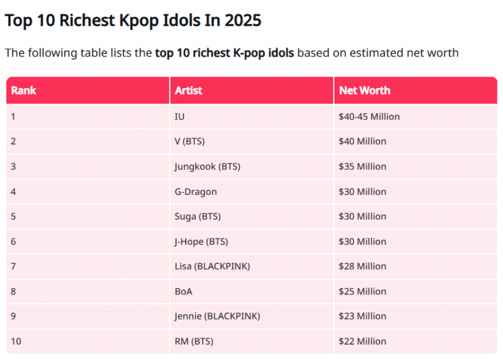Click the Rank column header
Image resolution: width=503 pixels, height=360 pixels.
[23, 90]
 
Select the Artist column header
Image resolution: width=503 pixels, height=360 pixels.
[188, 90]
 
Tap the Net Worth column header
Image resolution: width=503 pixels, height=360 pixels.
[364, 90]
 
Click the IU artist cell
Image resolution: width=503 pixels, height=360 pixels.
[180, 117]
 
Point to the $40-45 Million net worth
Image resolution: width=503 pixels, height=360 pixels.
[369, 117]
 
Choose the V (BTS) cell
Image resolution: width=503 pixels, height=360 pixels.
[190, 142]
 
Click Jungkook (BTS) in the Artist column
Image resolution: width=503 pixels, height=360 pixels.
[207, 166]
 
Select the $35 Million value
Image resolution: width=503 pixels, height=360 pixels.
[363, 166]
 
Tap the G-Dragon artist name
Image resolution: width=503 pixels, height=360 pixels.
[196, 191]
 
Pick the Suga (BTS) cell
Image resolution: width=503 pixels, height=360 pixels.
[198, 216]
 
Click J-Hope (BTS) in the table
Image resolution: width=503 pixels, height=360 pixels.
[201, 242]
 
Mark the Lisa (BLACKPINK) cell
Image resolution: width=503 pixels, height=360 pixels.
[212, 266]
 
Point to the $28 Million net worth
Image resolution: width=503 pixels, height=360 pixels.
[363, 266]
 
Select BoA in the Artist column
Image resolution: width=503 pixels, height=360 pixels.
[183, 291]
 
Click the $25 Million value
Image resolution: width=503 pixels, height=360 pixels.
[363, 291]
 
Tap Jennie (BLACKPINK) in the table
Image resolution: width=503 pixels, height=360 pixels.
[217, 316]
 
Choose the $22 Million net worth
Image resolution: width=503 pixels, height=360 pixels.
[363, 341]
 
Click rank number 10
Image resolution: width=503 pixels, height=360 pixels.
[16, 341]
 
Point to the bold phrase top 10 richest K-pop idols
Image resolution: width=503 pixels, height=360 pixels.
[225, 53]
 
